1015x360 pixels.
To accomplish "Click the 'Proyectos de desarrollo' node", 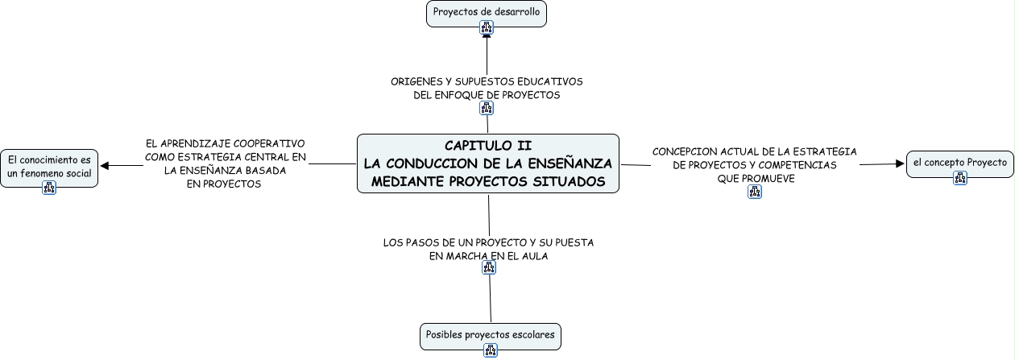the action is point(486,12).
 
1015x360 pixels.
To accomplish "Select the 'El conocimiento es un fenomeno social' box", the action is point(49,166).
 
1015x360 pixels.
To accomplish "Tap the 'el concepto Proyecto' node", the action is point(959,163).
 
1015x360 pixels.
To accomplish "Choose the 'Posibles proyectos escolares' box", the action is point(490,334).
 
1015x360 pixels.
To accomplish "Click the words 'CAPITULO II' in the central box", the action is point(487,146).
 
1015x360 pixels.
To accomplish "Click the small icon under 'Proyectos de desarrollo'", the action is point(486,27).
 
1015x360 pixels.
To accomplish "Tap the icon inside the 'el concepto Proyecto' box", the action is point(959,178).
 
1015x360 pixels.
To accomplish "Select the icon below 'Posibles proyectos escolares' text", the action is point(490,350).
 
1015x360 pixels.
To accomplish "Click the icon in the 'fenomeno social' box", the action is point(49,188).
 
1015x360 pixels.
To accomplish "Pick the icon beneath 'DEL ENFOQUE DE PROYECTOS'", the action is point(486,108).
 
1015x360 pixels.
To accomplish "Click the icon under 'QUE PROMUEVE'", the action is point(755,192).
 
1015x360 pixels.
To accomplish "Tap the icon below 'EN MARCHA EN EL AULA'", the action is point(488,268).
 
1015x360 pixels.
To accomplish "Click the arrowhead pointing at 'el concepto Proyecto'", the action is point(900,163).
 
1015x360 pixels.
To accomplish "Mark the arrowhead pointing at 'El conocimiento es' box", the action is point(105,166).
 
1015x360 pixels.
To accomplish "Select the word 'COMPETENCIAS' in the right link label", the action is point(797,165).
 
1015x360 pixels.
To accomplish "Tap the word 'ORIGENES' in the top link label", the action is point(418,81).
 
